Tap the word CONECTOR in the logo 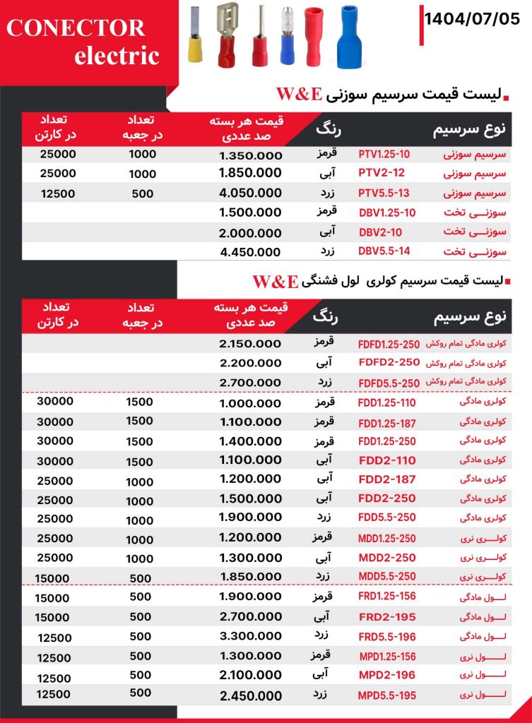[x=76, y=28]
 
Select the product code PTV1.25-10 [x=384, y=154]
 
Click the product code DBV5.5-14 [x=384, y=251]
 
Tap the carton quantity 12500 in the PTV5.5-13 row [x=56, y=192]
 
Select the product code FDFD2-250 [x=389, y=362]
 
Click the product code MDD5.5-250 [x=386, y=576]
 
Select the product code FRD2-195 [x=386, y=616]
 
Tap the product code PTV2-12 [x=384, y=173]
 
